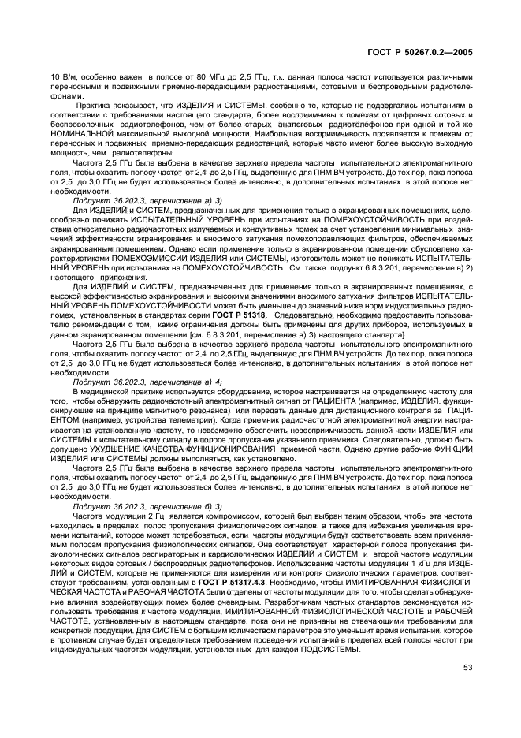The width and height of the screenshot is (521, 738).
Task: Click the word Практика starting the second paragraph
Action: pyautogui.click(x=94, y=105)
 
